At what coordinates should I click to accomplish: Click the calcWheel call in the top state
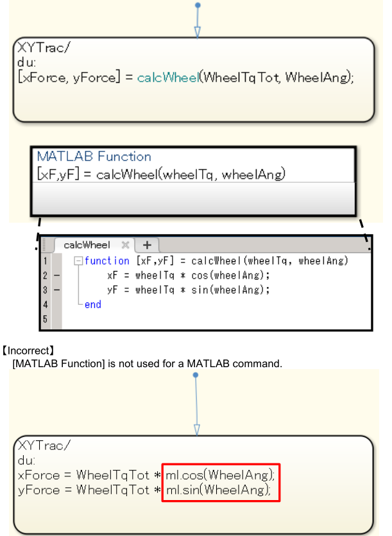pyautogui.click(x=167, y=77)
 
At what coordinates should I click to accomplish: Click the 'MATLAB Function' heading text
pyautogui.click(x=94, y=157)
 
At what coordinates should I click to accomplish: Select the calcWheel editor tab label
pyautogui.click(x=87, y=245)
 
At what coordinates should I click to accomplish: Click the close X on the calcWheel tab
pyautogui.click(x=125, y=245)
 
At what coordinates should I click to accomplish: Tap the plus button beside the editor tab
pyautogui.click(x=146, y=245)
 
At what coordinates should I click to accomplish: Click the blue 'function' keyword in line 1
pyautogui.click(x=107, y=261)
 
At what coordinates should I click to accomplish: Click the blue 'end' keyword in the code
pyautogui.click(x=92, y=304)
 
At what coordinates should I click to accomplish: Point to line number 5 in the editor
pyautogui.click(x=44, y=319)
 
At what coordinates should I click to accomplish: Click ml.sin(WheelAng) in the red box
pyautogui.click(x=219, y=490)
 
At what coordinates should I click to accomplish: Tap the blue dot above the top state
pyautogui.click(x=198, y=5)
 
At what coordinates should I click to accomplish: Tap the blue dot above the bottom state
pyautogui.click(x=196, y=375)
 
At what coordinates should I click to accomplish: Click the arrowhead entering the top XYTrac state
pyautogui.click(x=198, y=32)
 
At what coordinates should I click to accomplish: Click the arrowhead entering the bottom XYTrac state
pyautogui.click(x=197, y=429)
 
